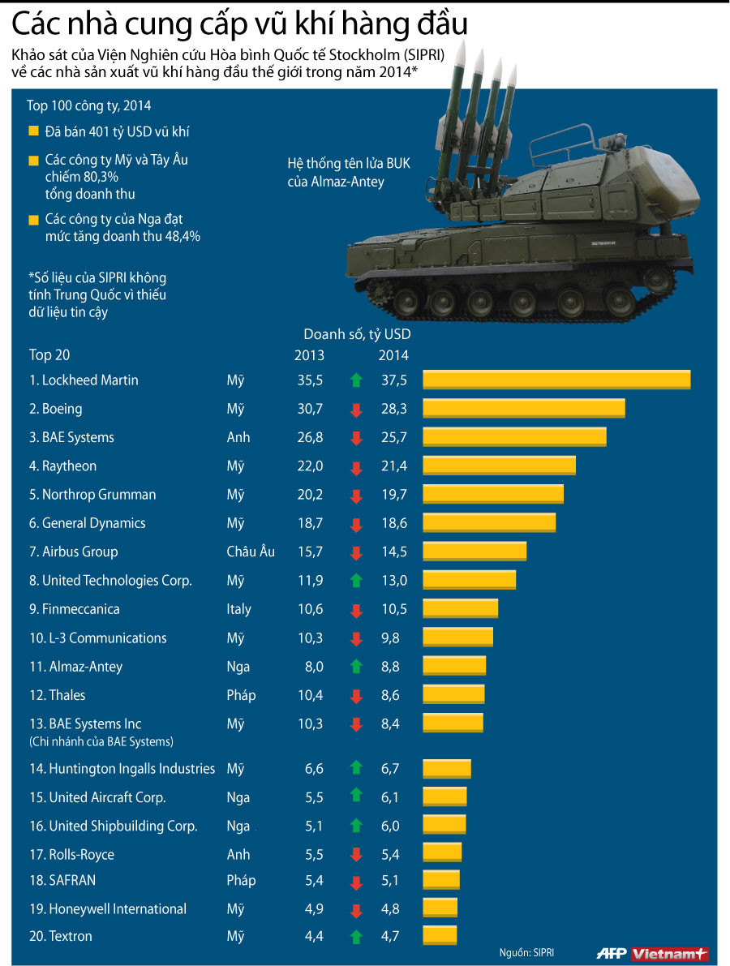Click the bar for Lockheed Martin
[556, 380]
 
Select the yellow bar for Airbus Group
[474, 552]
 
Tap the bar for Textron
[440, 936]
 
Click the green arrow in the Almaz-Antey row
[355, 667]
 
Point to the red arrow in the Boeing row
[355, 410]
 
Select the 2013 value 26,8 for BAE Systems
[310, 437]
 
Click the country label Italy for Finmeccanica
[238, 609]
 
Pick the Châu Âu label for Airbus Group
[250, 552]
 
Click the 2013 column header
[309, 355]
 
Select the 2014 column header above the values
[393, 355]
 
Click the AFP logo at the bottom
[612, 953]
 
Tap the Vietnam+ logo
[670, 953]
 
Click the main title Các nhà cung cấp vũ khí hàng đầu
[239, 24]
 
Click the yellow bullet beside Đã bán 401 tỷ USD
[33, 131]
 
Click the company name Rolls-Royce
[71, 854]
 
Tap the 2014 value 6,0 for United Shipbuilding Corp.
[390, 826]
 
